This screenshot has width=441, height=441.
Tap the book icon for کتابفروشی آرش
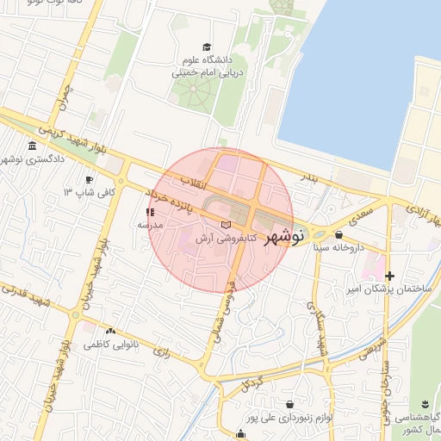coord(227,225)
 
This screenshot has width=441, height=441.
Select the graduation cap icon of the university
coord(207,47)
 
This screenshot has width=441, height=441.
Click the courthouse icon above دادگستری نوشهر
coord(33,145)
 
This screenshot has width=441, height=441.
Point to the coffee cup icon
coord(90,179)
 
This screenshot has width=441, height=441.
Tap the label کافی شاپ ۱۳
coord(94,193)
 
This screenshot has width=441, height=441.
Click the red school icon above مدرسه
coord(150,211)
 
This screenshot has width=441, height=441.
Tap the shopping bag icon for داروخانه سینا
coord(338,234)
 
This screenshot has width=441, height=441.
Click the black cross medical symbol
coord(390,276)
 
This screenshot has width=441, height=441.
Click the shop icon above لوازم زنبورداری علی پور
coord(289,403)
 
